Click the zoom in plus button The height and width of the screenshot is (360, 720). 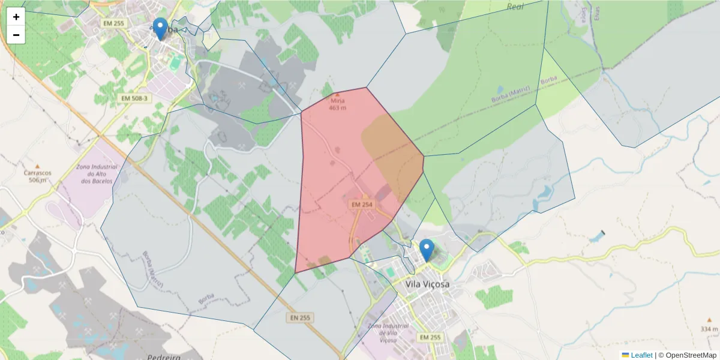[16, 17]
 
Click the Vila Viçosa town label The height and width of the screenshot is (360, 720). [427, 284]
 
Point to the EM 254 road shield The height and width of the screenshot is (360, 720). [362, 205]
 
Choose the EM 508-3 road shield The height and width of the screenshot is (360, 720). [134, 98]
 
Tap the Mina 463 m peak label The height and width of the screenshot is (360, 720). [338, 104]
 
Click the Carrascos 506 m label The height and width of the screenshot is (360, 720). [37, 176]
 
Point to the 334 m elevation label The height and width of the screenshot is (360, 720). [709, 329]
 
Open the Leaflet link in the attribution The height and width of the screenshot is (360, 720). [641, 355]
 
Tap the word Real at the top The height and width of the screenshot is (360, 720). [515, 7]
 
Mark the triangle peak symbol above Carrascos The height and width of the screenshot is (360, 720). [37, 166]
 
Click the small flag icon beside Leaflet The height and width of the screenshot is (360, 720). [625, 355]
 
